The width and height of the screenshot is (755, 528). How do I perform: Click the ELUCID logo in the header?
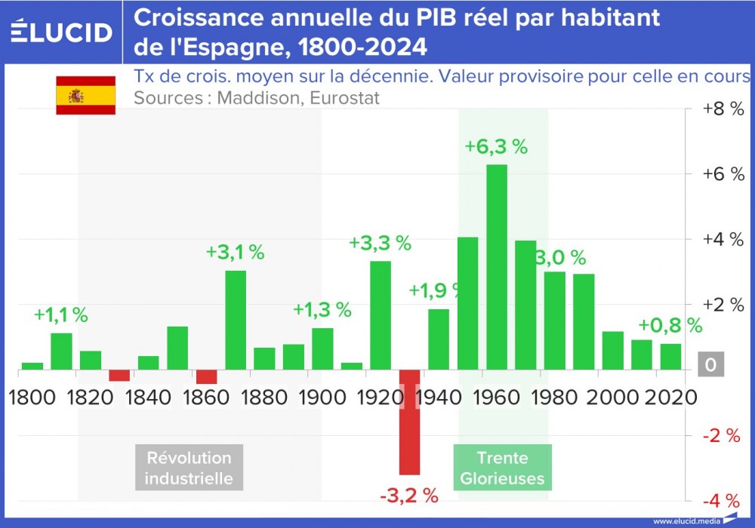[61, 32]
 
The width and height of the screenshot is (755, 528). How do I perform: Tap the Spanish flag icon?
[85, 95]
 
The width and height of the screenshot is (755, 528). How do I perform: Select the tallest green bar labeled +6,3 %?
[496, 267]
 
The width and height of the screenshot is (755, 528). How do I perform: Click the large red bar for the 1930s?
[409, 422]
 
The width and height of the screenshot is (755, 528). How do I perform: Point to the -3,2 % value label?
[408, 496]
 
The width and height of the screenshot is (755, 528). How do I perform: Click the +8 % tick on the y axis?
[723, 109]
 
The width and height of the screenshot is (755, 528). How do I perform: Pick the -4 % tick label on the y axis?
[723, 501]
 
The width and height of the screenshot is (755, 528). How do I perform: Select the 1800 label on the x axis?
[32, 397]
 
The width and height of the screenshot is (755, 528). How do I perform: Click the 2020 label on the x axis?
[670, 397]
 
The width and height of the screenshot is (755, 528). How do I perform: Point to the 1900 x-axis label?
[322, 397]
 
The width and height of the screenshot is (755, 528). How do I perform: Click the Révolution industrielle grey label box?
[189, 468]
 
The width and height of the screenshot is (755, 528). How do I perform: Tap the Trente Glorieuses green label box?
[502, 468]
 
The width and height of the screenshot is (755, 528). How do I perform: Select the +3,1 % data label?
[235, 253]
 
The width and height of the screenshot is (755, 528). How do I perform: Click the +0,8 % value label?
[670, 326]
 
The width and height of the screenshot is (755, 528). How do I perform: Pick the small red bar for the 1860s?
[206, 377]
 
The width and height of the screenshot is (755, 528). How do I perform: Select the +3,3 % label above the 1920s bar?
[380, 243]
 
